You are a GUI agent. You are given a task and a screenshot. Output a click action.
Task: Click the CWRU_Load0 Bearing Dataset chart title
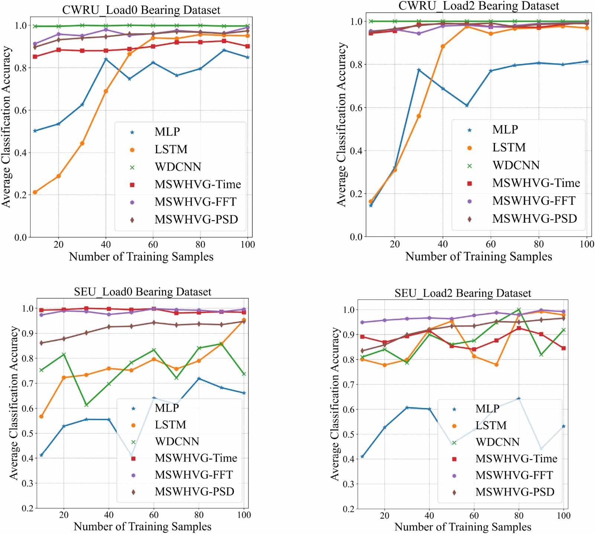point(141,10)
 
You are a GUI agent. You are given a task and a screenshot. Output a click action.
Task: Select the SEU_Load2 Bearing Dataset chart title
point(463,293)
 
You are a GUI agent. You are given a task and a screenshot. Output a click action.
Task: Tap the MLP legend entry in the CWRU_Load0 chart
point(167,132)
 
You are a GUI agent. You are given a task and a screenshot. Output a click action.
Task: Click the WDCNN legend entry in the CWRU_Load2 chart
point(516,165)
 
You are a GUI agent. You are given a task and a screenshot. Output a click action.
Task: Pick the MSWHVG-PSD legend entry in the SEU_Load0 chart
point(194,492)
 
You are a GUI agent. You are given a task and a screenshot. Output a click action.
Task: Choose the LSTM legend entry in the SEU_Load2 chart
point(491,425)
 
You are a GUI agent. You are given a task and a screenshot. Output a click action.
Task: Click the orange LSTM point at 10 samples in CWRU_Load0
point(35,192)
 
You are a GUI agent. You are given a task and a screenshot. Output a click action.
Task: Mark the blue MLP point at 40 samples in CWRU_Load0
point(106,59)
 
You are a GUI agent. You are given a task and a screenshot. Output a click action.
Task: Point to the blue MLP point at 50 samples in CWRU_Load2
point(467,106)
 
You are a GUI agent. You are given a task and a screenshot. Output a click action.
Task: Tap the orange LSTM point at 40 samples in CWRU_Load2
point(443,46)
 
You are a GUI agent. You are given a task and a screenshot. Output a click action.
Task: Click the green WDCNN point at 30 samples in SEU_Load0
point(86,405)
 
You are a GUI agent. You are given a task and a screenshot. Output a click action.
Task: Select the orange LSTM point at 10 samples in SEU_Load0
point(41,416)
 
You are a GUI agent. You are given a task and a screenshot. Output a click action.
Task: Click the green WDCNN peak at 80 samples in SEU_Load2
point(519,310)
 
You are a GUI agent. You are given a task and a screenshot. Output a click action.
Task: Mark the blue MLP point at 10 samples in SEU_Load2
point(362,456)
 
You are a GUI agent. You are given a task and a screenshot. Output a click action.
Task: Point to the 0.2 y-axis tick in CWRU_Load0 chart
point(20,195)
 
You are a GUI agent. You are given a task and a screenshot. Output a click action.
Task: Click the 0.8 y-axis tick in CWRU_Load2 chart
point(356,65)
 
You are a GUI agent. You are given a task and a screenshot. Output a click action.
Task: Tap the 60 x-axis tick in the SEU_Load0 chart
point(154,515)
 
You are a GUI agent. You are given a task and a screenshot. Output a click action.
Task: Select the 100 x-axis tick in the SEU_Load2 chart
point(563,516)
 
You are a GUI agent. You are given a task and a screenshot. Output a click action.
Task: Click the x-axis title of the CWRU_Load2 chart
point(478,257)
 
